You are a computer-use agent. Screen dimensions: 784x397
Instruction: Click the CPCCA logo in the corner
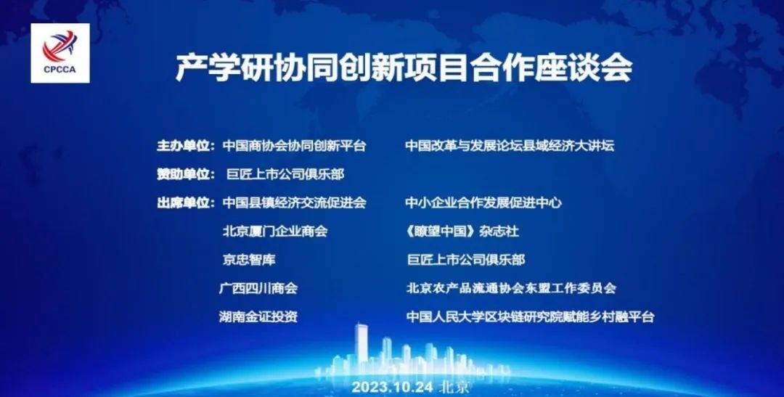[x=60, y=53]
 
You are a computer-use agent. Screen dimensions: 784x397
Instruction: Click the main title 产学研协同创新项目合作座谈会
[x=404, y=67]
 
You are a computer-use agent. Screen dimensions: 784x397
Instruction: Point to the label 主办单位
[x=186, y=145]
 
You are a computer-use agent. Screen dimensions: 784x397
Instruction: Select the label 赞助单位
[x=186, y=174]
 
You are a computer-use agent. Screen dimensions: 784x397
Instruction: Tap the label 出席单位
[x=186, y=202]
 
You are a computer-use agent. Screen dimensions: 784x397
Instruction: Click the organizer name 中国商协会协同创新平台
[x=295, y=145]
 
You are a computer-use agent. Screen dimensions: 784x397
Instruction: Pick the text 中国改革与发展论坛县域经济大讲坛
[x=510, y=145]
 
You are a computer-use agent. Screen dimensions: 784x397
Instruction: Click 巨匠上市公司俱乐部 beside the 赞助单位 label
[x=285, y=174]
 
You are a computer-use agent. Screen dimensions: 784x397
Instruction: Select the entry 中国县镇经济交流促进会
[x=295, y=202]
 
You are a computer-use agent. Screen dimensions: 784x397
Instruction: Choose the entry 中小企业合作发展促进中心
[x=483, y=202]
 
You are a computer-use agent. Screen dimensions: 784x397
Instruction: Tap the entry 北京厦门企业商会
[x=275, y=231]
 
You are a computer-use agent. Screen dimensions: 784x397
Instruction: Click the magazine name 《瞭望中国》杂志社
[x=462, y=231]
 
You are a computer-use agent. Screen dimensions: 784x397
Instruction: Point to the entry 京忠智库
[x=249, y=260]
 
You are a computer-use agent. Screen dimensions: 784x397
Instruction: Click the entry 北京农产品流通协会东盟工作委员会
[x=512, y=288]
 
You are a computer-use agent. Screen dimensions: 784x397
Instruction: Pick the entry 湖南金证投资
[x=258, y=316]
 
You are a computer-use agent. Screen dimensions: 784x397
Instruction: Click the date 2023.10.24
[x=393, y=387]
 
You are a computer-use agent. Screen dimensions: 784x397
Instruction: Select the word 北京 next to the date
[x=454, y=387]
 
